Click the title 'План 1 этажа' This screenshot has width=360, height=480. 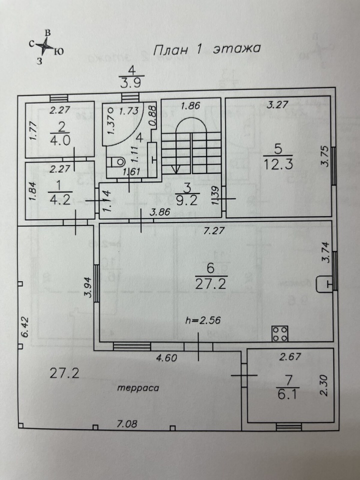click(206, 49)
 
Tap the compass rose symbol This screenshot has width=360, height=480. click(45, 46)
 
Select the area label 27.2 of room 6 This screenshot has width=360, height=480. click(211, 284)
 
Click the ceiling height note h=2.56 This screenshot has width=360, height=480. click(203, 320)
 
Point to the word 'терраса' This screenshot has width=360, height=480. click(138, 388)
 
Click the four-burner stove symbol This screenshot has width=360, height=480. click(280, 333)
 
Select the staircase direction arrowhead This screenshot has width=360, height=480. click(176, 169)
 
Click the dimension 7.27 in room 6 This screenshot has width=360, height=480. click(214, 230)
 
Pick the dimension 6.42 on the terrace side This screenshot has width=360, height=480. click(25, 326)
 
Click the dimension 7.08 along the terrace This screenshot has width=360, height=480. click(127, 424)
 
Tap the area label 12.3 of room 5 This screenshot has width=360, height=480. click(278, 164)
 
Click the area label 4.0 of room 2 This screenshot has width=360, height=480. click(61, 140)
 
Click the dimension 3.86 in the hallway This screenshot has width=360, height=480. click(160, 212)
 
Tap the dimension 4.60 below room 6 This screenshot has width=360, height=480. click(167, 357)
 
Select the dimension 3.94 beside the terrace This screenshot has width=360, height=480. click(89, 287)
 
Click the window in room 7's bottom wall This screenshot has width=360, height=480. click(288, 426)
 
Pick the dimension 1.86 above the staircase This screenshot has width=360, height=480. click(190, 106)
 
